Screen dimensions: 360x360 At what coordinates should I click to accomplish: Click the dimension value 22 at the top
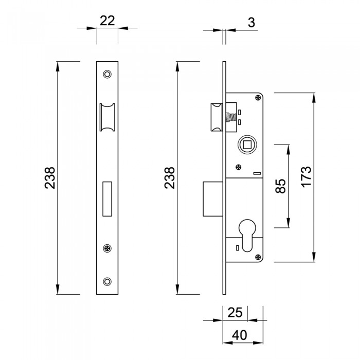pos(107,21)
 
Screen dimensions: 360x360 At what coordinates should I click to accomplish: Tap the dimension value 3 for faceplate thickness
pos(251,23)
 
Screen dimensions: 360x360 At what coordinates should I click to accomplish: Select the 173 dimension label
pos(307,177)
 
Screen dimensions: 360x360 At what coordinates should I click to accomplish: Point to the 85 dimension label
pos(281,186)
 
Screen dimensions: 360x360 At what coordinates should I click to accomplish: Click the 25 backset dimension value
pos(235,313)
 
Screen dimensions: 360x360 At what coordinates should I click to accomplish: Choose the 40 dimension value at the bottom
pos(240,335)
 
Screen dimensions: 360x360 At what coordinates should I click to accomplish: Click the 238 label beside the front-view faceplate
pos(50,178)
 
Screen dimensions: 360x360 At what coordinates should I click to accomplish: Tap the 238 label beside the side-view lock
pos(169,178)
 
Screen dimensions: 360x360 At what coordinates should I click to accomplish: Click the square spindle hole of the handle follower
pos(247,145)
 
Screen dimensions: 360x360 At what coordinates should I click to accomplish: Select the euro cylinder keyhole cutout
pos(247,234)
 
